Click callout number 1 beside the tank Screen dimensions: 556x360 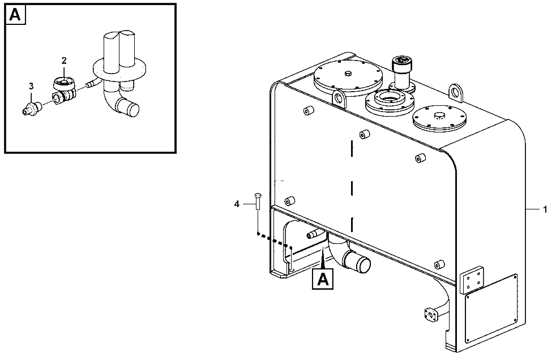545,210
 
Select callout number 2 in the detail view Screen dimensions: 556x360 64,61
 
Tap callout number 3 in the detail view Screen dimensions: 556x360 31,86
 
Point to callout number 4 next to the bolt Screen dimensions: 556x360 237,204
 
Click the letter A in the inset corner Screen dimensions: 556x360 15,15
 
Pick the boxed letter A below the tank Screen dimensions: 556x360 323,279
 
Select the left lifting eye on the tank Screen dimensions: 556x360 340,97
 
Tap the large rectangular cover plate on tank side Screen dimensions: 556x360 491,308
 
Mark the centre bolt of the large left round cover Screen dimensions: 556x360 348,74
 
